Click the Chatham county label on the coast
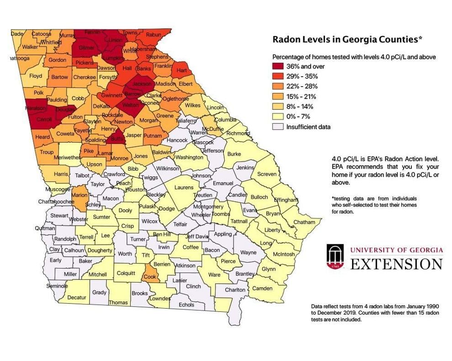click(x=304, y=222)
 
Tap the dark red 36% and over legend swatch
click(x=279, y=66)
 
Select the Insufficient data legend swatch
click(x=279, y=127)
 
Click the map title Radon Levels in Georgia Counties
click(x=347, y=39)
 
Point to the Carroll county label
click(x=44, y=119)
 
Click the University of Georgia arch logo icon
click(x=335, y=257)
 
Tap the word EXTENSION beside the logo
click(x=396, y=264)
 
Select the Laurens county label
click(x=184, y=187)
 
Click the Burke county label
click(x=234, y=154)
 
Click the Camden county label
click(x=262, y=288)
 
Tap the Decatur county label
click(x=77, y=297)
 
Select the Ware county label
click(x=214, y=274)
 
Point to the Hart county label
click(x=181, y=71)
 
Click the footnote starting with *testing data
click(x=374, y=205)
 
